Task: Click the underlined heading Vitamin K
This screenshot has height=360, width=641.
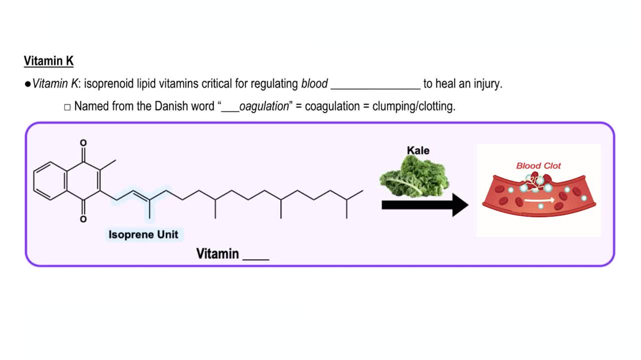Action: [49, 61]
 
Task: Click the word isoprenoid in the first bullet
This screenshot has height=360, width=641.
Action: [109, 84]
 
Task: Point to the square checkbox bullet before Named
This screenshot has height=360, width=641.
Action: [67, 107]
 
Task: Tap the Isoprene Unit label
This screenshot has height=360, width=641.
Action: [144, 234]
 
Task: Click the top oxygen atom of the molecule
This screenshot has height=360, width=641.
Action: [83, 142]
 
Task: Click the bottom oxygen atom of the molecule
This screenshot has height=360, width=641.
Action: [83, 220]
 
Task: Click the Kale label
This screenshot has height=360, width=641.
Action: [418, 151]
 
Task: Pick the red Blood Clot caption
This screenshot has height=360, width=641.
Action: [538, 165]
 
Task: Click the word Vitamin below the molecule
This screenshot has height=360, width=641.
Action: [217, 254]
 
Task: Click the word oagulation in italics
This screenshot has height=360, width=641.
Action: [264, 106]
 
